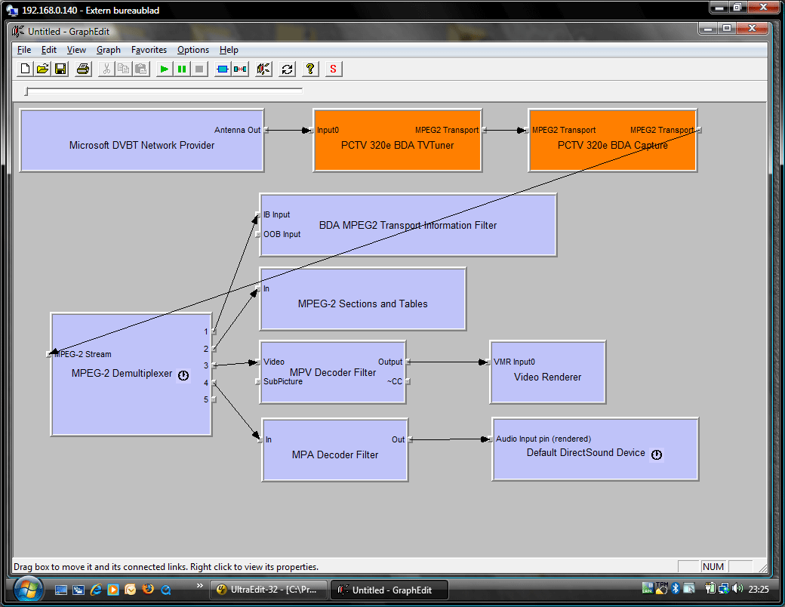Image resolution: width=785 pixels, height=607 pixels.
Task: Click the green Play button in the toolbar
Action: pyautogui.click(x=164, y=69)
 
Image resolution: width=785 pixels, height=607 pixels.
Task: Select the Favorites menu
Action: pyautogui.click(x=149, y=50)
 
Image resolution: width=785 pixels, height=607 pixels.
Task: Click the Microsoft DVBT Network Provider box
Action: pyautogui.click(x=142, y=140)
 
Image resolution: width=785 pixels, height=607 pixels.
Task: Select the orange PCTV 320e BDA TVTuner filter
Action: pyautogui.click(x=398, y=140)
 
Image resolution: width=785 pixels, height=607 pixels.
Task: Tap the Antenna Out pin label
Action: pyautogui.click(x=237, y=130)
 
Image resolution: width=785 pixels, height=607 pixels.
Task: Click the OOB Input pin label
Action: pyautogui.click(x=282, y=234)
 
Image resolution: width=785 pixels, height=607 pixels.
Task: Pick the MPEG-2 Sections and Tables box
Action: pyautogui.click(x=363, y=299)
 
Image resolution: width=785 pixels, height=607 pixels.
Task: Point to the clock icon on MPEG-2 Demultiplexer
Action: pyautogui.click(x=183, y=375)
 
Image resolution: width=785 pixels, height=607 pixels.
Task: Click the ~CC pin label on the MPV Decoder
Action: pyautogui.click(x=395, y=381)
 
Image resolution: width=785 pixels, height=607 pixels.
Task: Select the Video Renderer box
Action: pyautogui.click(x=548, y=372)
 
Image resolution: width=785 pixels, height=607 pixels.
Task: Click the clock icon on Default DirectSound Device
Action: pyautogui.click(x=657, y=454)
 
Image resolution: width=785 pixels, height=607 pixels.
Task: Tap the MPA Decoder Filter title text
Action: pyautogui.click(x=335, y=454)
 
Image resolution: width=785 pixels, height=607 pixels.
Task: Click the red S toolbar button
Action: pyautogui.click(x=333, y=69)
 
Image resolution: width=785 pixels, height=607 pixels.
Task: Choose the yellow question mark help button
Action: pyautogui.click(x=310, y=69)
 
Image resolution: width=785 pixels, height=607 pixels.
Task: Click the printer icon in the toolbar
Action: pyautogui.click(x=83, y=69)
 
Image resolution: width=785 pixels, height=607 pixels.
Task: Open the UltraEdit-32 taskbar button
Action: pyautogui.click(x=269, y=590)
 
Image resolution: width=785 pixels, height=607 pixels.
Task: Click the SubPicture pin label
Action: pyautogui.click(x=283, y=381)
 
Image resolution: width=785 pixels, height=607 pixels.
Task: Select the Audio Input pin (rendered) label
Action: pyautogui.click(x=543, y=439)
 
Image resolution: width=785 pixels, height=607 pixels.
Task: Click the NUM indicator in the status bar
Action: pyautogui.click(x=713, y=566)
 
